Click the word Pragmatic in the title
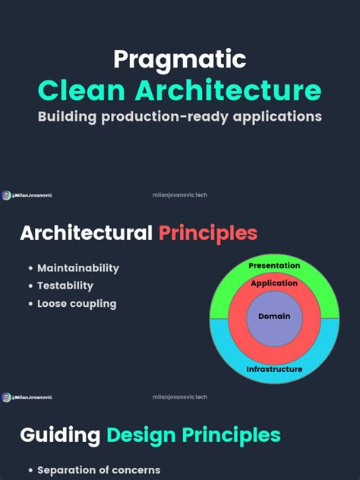pyautogui.click(x=179, y=60)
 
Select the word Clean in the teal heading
pyautogui.click(x=82, y=90)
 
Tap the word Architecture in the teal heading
pyautogui.click(x=229, y=90)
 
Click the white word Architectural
pyautogui.click(x=86, y=233)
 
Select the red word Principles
pyautogui.click(x=208, y=233)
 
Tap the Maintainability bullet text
pyautogui.click(x=78, y=268)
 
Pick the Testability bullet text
pyautogui.click(x=65, y=286)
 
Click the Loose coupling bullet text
pyautogui.click(x=77, y=304)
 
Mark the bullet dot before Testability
pyautogui.click(x=30, y=286)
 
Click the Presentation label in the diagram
pyautogui.click(x=274, y=266)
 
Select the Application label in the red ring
pyautogui.click(x=273, y=283)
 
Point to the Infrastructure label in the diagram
pyautogui.click(x=274, y=370)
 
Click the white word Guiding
pyautogui.click(x=60, y=435)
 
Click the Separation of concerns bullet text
pyautogui.click(x=99, y=470)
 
